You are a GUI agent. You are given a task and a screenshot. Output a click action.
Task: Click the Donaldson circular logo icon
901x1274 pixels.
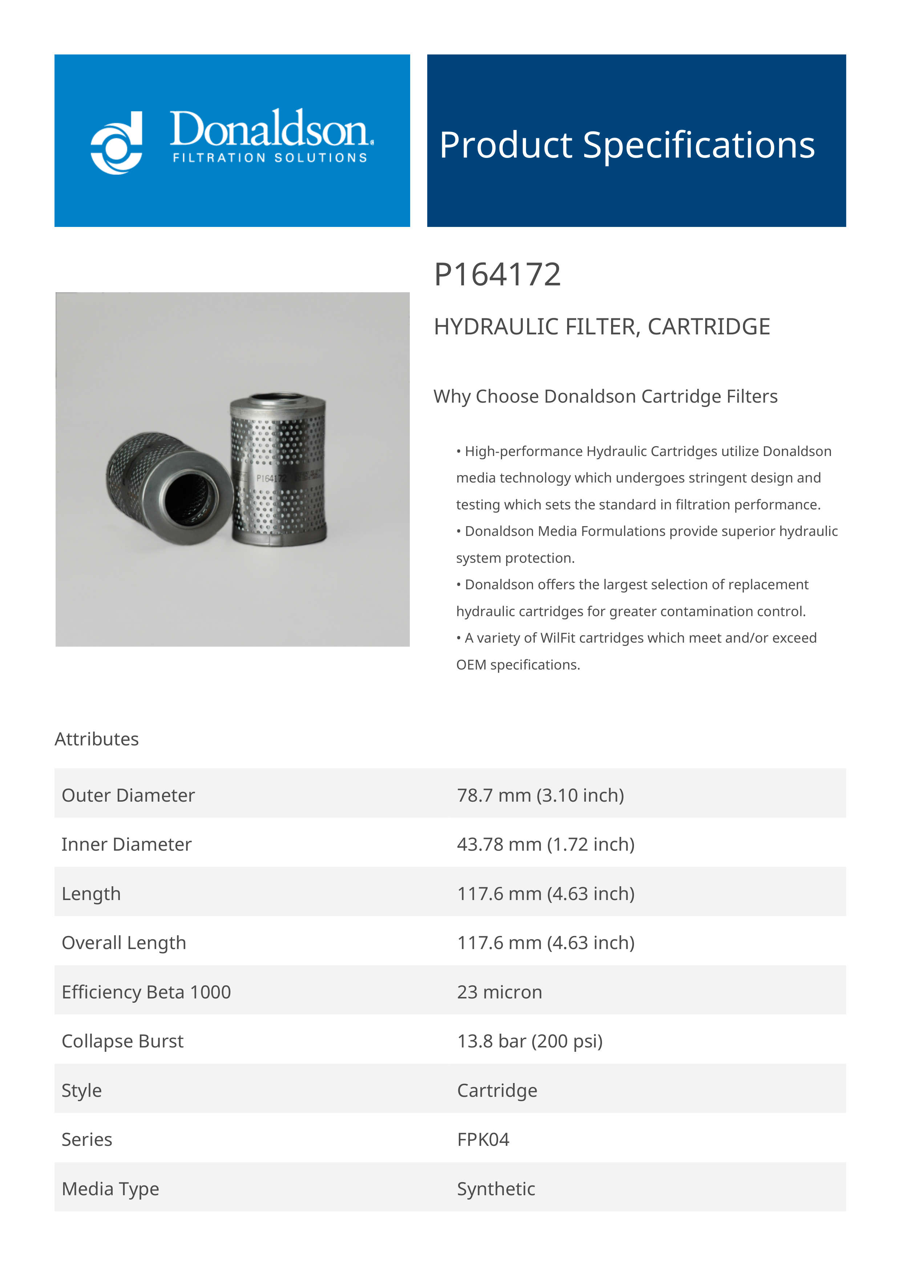(x=117, y=143)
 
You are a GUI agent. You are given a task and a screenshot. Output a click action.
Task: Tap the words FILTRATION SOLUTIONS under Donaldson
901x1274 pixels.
(x=270, y=158)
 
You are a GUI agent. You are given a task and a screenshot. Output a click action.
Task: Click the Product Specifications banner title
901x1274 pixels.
(x=627, y=145)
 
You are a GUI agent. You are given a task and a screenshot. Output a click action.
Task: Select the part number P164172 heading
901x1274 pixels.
(x=497, y=275)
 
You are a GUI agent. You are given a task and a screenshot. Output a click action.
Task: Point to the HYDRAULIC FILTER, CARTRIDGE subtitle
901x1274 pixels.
(x=601, y=327)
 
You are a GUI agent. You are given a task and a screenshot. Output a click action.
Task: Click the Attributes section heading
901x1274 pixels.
(x=97, y=739)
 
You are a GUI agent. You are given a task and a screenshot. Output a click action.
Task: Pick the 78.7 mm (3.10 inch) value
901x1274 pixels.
(x=540, y=795)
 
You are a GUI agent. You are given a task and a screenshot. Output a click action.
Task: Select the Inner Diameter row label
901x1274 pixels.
(x=126, y=844)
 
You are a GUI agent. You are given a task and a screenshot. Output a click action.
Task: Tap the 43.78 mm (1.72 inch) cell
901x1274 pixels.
(x=545, y=844)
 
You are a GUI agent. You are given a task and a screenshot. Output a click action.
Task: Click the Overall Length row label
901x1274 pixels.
(x=124, y=943)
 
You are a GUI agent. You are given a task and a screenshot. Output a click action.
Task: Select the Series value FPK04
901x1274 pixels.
(x=483, y=1139)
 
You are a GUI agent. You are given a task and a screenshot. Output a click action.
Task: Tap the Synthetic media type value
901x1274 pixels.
(x=496, y=1189)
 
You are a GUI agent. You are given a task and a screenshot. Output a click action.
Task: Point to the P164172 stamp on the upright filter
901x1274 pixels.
(x=271, y=478)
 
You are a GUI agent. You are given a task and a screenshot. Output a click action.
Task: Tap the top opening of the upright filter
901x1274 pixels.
(x=278, y=398)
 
